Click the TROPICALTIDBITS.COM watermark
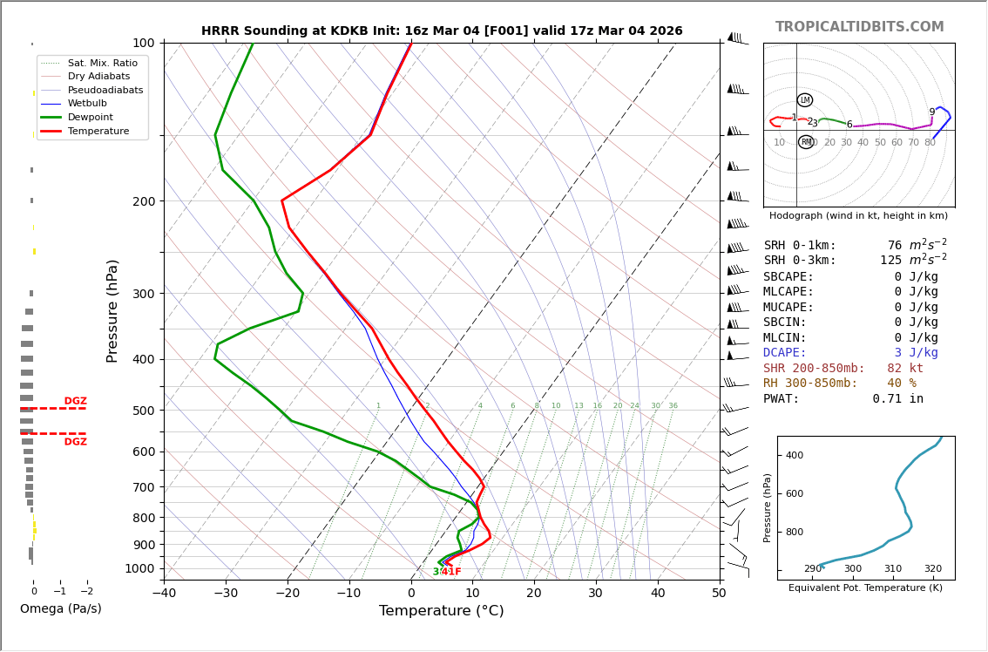(859, 27)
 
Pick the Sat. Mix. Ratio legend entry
(103, 63)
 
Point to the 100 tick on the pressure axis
(143, 43)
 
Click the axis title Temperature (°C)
(441, 611)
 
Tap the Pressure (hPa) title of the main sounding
(112, 310)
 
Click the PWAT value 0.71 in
(897, 399)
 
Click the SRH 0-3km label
(800, 261)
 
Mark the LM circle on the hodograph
(805, 100)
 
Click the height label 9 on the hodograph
(931, 112)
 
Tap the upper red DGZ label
(75, 402)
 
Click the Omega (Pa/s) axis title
(60, 609)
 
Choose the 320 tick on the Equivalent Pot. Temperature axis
(933, 569)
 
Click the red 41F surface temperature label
(451, 572)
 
